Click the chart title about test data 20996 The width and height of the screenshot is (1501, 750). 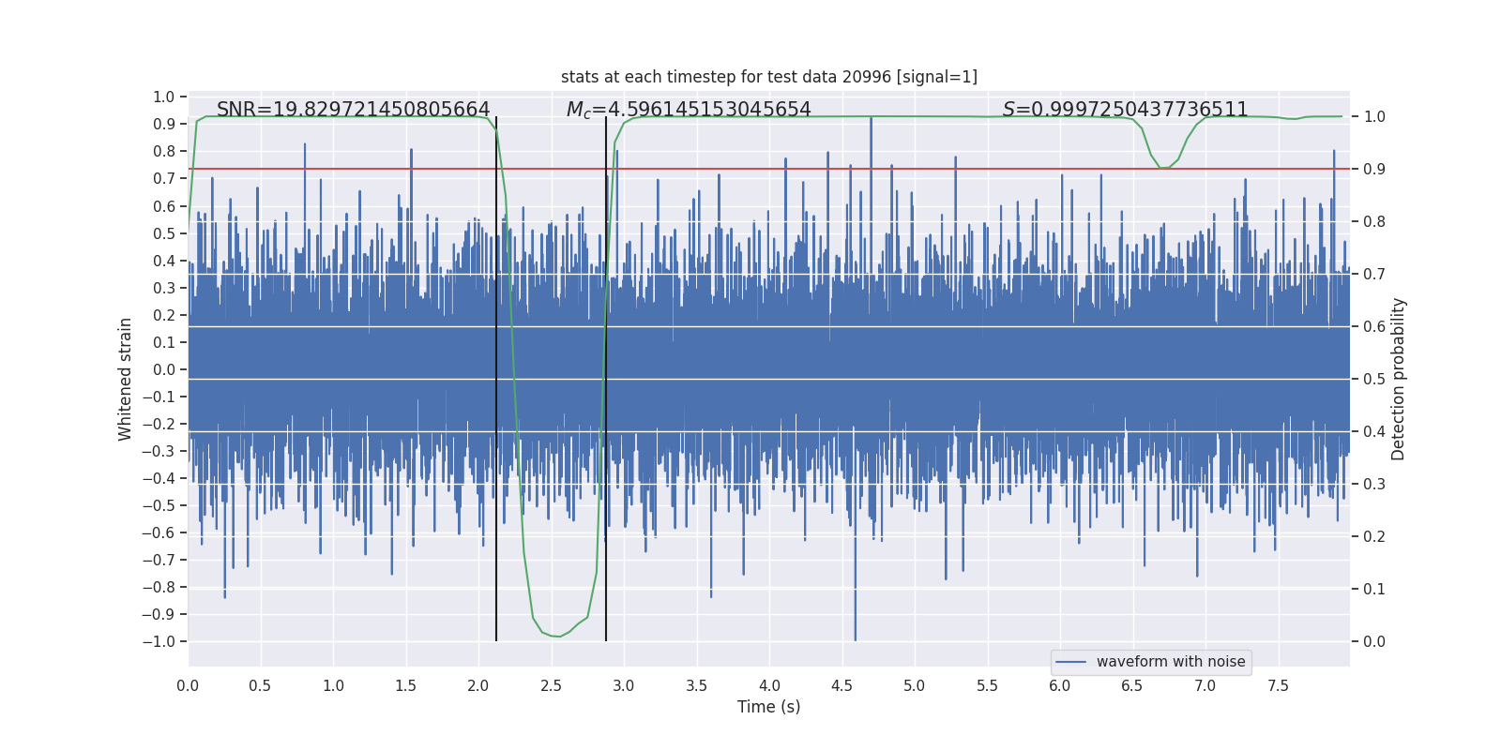pos(768,77)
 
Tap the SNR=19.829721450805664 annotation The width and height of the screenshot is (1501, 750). pos(353,110)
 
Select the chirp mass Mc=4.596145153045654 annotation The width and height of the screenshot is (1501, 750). pos(689,110)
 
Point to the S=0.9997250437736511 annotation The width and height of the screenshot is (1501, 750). pos(1125,110)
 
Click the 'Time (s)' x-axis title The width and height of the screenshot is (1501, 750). pos(768,707)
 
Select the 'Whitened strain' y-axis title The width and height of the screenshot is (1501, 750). pos(125,379)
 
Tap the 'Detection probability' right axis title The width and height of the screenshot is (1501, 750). pos(1399,379)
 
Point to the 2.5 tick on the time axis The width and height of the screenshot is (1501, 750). pos(551,685)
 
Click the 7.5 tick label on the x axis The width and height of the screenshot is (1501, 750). pos(1278,685)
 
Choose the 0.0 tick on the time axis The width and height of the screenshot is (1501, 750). pos(188,685)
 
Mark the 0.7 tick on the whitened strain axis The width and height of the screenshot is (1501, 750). pos(164,178)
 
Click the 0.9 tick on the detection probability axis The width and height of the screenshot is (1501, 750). pos(1374,169)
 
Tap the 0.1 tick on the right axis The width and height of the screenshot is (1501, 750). pos(1374,589)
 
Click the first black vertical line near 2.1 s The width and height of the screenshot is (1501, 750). pos(496,375)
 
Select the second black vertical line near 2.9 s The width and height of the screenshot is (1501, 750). pos(606,375)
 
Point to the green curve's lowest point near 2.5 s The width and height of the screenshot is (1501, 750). pos(558,637)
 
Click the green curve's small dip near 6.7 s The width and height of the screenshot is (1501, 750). pos(1163,168)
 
